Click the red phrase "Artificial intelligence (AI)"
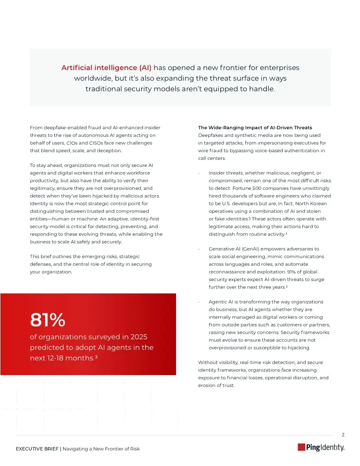(x=106, y=68)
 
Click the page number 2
(x=343, y=435)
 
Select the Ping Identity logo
(x=321, y=447)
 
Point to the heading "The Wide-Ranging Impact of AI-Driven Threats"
(x=255, y=128)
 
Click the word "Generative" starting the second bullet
(x=221, y=249)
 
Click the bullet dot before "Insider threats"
(x=199, y=173)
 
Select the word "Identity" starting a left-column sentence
(x=39, y=203)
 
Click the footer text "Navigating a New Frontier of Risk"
(x=101, y=449)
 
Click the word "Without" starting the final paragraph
(x=208, y=362)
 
